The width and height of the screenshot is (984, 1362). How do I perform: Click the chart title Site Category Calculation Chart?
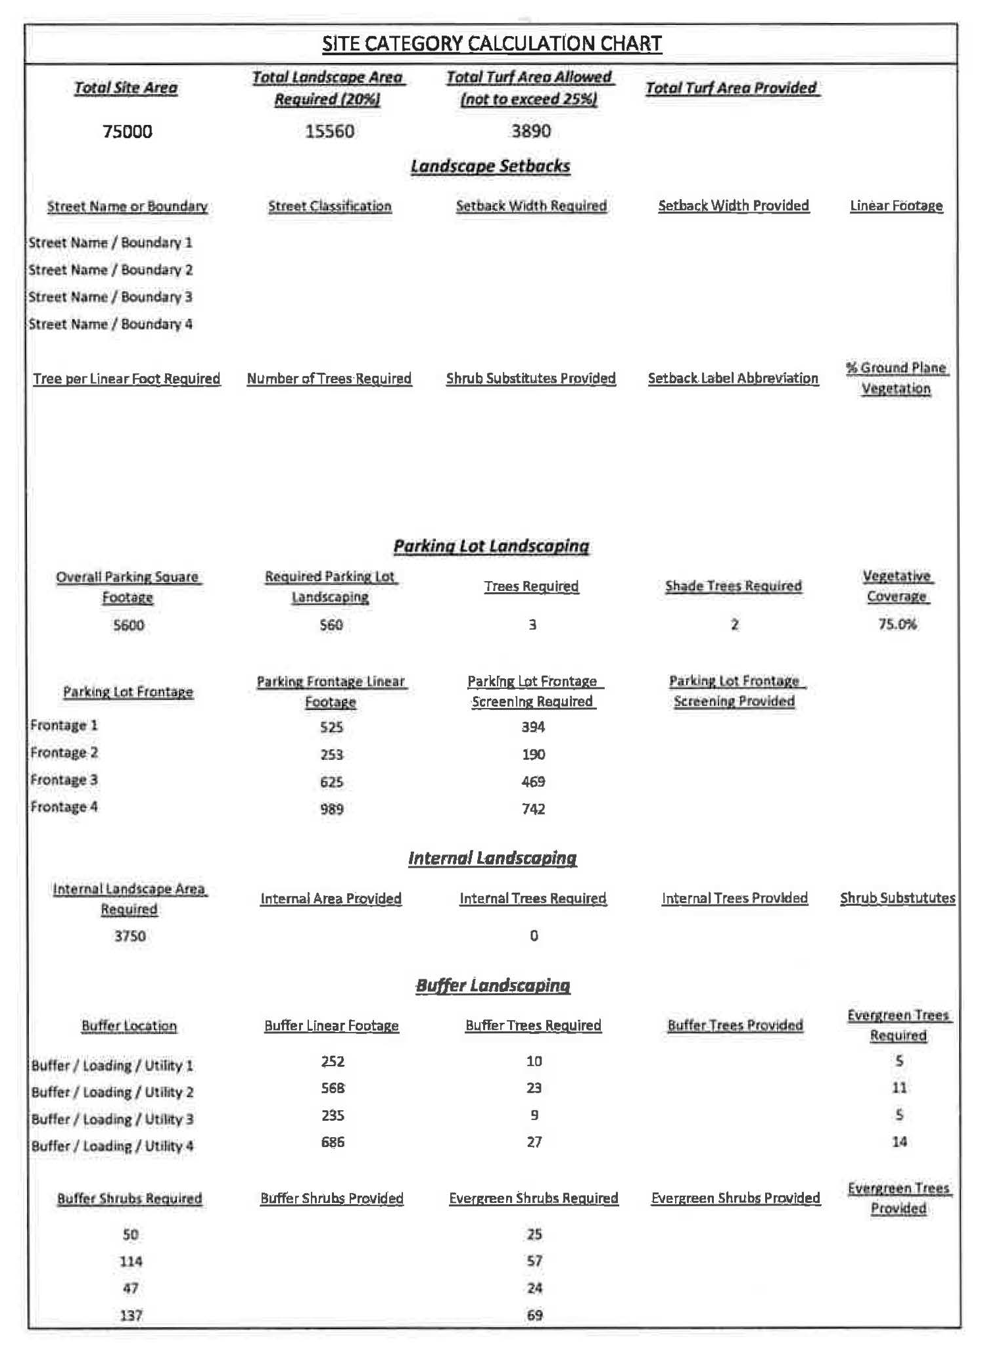pyautogui.click(x=492, y=44)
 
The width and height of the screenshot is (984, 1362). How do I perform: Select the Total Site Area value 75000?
pyautogui.click(x=128, y=131)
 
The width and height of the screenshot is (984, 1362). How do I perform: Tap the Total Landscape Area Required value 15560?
pyautogui.click(x=329, y=131)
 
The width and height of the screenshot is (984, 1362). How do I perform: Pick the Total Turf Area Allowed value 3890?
pyautogui.click(x=531, y=131)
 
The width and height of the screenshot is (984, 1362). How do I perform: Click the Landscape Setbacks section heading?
pyautogui.click(x=490, y=166)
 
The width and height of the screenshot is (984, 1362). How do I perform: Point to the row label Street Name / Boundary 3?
pyautogui.click(x=110, y=297)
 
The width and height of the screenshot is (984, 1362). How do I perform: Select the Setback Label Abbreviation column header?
pyautogui.click(x=733, y=379)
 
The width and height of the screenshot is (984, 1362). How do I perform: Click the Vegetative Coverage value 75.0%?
pyautogui.click(x=897, y=624)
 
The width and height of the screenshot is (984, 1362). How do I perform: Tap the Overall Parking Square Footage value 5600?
pyautogui.click(x=129, y=625)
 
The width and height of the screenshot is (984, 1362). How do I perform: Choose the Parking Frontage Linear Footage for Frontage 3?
pyautogui.click(x=332, y=782)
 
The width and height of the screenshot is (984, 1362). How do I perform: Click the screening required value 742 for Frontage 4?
pyautogui.click(x=534, y=809)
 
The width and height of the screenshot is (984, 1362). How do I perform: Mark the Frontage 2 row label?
pyautogui.click(x=64, y=753)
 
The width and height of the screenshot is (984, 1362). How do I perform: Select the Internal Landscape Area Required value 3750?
pyautogui.click(x=130, y=936)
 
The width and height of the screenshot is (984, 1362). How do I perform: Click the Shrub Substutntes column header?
pyautogui.click(x=897, y=899)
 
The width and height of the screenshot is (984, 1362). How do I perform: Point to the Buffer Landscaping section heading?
pyautogui.click(x=493, y=985)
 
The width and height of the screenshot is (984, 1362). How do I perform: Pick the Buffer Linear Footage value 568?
pyautogui.click(x=333, y=1089)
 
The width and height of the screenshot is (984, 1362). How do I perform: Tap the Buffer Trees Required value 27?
pyautogui.click(x=534, y=1142)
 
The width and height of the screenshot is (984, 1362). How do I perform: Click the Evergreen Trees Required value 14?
pyautogui.click(x=899, y=1142)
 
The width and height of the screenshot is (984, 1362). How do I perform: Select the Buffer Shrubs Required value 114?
pyautogui.click(x=131, y=1261)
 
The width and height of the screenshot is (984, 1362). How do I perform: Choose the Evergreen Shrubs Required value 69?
pyautogui.click(x=534, y=1315)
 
